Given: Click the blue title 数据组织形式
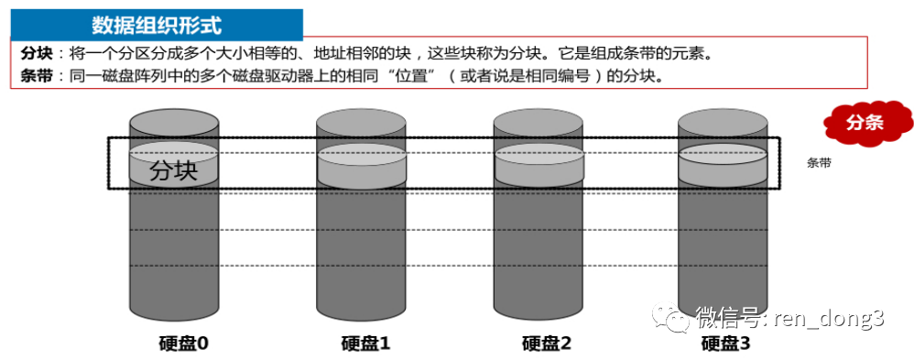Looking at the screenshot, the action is pyautogui.click(x=157, y=25).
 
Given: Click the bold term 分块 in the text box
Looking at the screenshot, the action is pyautogui.click(x=36, y=54).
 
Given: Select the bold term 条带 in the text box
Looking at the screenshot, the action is pyautogui.click(x=36, y=76).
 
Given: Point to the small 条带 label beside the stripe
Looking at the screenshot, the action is pyautogui.click(x=819, y=163).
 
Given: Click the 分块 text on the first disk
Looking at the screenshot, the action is pyautogui.click(x=174, y=170).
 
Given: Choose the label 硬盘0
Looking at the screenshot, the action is pyautogui.click(x=183, y=344).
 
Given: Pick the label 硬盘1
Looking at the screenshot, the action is pyautogui.click(x=365, y=344).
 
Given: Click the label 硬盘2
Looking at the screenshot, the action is pyautogui.click(x=546, y=344).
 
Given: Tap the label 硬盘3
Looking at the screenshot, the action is pyautogui.click(x=725, y=344).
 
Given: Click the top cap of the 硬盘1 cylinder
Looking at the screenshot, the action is pyautogui.click(x=362, y=123).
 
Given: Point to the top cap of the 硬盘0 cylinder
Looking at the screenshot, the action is pyautogui.click(x=174, y=123).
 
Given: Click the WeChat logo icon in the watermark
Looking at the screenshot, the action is pyautogui.click(x=671, y=317).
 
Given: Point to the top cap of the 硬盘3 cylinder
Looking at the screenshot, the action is pyautogui.click(x=724, y=123).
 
